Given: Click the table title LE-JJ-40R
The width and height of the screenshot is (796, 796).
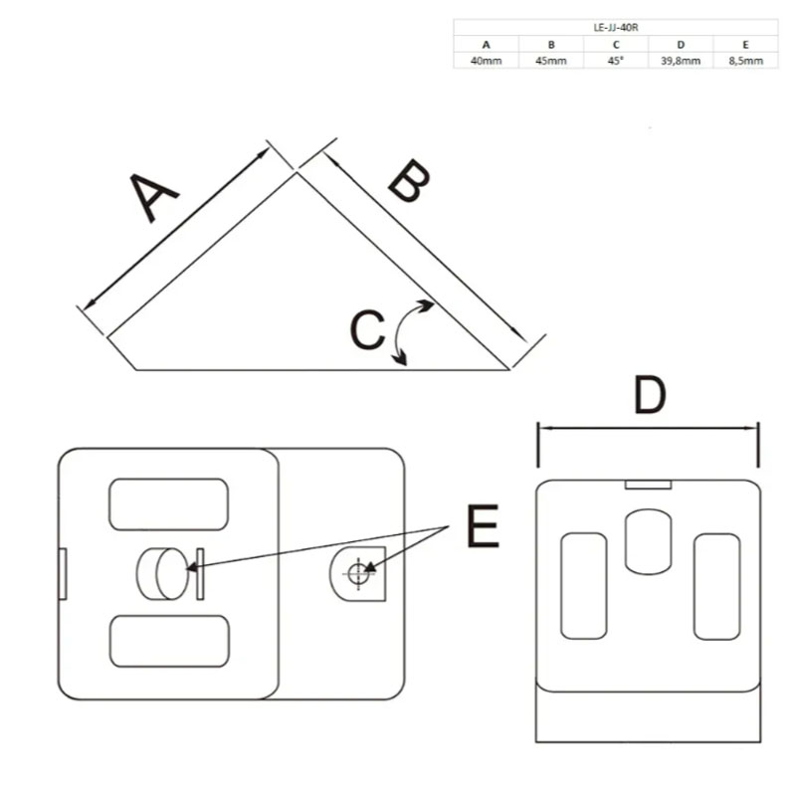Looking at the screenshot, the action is click(615, 28).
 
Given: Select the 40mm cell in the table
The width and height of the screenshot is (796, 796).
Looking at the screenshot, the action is click(486, 61).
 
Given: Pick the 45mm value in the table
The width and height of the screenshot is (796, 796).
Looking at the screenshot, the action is click(551, 61).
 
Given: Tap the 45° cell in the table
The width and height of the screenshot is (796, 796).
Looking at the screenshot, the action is click(616, 61).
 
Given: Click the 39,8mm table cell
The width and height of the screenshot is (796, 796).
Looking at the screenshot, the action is click(681, 61).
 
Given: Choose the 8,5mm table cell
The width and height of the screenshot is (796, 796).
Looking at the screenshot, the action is click(745, 61).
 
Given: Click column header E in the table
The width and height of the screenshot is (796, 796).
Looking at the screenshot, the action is click(745, 45).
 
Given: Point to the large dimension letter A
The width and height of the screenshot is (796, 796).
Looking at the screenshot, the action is click(152, 197).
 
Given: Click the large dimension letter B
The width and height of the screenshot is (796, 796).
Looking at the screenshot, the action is click(409, 181).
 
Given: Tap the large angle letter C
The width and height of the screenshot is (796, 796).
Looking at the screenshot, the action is click(367, 329).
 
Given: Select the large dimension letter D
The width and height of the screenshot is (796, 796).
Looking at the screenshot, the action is click(650, 395).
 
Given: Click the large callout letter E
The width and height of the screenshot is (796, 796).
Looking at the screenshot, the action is click(483, 525).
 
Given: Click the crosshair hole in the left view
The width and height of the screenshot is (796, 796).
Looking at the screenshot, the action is click(359, 574).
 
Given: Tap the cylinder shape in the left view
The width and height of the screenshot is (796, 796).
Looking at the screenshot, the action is click(162, 574).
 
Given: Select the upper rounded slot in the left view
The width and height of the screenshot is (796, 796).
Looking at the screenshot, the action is click(168, 504).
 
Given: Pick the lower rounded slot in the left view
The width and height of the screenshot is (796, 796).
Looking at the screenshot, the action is click(169, 641).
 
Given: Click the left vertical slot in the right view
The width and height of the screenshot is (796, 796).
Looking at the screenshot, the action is click(584, 586).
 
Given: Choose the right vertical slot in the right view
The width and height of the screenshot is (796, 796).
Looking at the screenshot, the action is click(716, 586).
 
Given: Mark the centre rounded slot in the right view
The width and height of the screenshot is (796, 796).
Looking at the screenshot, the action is click(649, 542).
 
